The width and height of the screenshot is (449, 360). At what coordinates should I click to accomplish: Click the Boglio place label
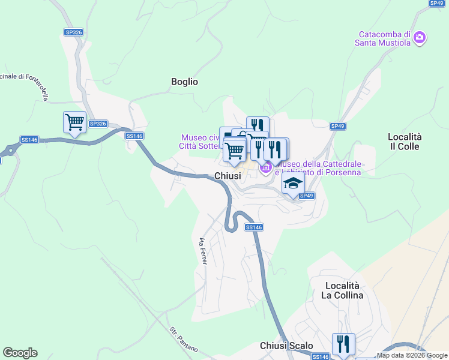click(184, 82)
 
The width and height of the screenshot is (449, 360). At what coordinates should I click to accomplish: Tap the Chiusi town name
click(228, 176)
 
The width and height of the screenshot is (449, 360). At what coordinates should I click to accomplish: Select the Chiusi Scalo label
click(286, 346)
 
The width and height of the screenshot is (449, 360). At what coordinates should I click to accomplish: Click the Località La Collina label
click(342, 290)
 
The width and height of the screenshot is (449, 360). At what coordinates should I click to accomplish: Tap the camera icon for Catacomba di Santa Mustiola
click(420, 38)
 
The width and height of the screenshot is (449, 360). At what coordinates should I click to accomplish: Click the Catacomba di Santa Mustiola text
click(383, 38)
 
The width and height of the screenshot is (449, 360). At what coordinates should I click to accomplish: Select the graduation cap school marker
click(293, 184)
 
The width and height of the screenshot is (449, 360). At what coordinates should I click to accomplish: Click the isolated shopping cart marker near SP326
click(74, 122)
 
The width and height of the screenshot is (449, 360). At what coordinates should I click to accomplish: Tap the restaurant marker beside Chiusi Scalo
click(343, 344)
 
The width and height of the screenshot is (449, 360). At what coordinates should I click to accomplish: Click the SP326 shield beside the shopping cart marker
click(97, 124)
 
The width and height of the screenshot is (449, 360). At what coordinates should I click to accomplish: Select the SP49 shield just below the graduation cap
click(306, 196)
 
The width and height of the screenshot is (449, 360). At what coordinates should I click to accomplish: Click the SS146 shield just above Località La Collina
click(254, 227)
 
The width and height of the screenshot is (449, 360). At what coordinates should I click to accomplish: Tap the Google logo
click(20, 353)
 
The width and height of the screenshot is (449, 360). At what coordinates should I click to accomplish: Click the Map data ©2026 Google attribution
click(412, 355)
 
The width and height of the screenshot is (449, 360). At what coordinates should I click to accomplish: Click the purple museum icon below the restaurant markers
click(265, 170)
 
